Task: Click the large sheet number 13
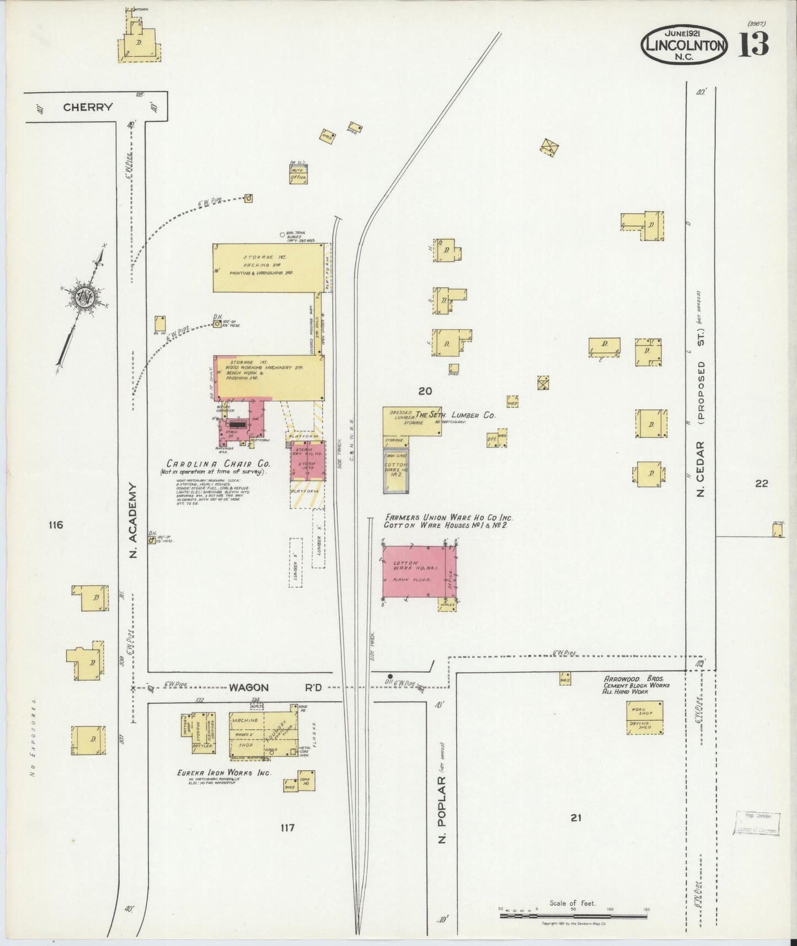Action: [753, 45]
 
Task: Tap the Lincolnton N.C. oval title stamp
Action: [684, 45]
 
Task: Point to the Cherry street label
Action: [88, 107]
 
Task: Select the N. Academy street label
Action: [133, 520]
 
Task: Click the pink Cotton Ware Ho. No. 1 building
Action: [414, 572]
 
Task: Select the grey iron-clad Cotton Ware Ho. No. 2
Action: [396, 471]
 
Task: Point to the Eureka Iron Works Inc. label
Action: [224, 773]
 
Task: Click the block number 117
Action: [287, 827]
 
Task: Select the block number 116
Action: [55, 525]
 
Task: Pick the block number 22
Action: [761, 483]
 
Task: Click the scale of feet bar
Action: [574, 916]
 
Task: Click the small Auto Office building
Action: [298, 174]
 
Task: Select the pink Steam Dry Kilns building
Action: [308, 461]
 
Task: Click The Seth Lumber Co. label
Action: [456, 415]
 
